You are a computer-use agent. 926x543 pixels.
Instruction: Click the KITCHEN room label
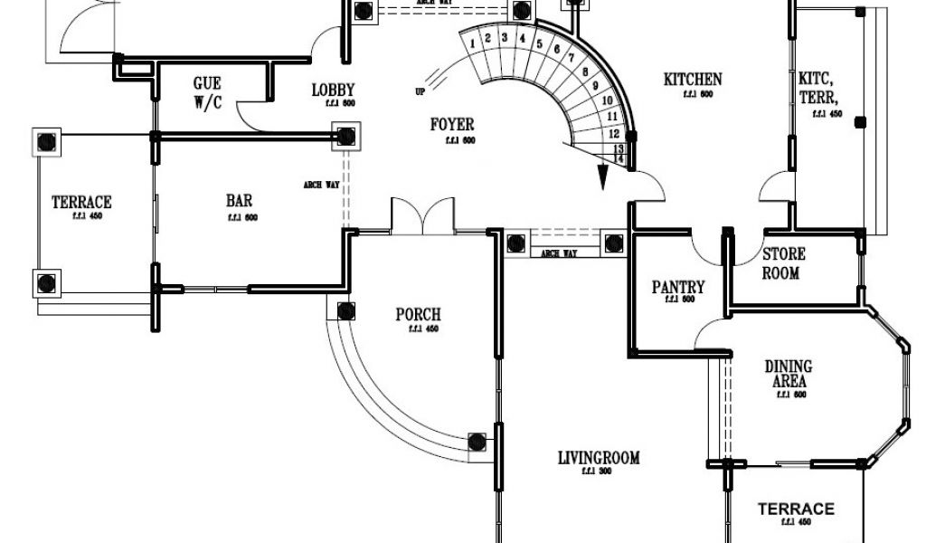tap(693, 80)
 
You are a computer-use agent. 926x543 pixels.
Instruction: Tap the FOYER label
tap(451, 124)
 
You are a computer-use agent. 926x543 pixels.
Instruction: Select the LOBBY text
tap(333, 90)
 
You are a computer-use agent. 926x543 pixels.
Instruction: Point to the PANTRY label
tap(678, 288)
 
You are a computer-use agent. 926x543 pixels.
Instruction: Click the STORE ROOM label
tap(783, 263)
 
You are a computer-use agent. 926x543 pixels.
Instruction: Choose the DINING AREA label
tap(789, 374)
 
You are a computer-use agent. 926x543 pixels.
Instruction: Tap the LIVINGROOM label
tap(599, 458)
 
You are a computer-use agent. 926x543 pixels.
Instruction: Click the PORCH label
tap(419, 315)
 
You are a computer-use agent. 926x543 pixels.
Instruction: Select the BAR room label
tap(239, 201)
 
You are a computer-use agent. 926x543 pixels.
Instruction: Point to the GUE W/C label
tap(207, 93)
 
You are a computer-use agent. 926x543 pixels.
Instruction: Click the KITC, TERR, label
tap(817, 87)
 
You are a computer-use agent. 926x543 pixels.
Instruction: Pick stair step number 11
tap(614, 116)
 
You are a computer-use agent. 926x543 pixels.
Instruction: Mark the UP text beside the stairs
tap(420, 90)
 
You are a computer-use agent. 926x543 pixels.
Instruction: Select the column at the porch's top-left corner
tap(345, 312)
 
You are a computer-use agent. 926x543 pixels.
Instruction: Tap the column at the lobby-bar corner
tap(345, 137)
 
